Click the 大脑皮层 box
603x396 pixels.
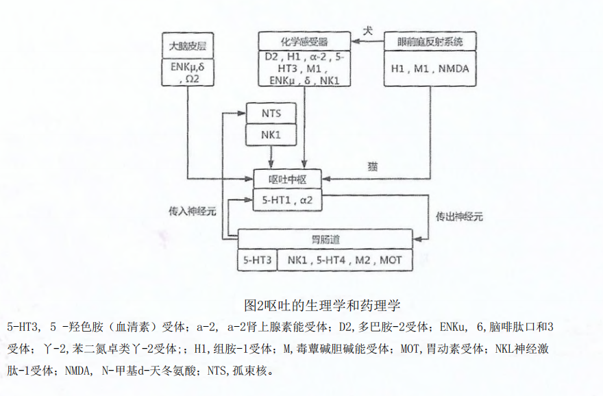pos(188,46)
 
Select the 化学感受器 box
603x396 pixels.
pos(304,41)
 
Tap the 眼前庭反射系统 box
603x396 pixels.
pos(430,41)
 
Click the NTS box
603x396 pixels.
pos(271,113)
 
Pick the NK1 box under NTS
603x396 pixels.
pos(271,134)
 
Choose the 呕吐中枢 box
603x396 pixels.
pos(287,180)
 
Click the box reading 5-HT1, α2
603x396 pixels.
pos(287,200)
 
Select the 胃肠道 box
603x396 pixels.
pos(325,239)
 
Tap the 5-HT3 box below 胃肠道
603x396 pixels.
pos(257,260)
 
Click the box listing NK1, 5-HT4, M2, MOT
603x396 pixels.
pos(345,260)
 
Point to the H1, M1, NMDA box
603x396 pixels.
pos(430,69)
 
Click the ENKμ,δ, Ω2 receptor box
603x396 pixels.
pos(188,72)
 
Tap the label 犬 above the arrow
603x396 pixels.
pos(368,30)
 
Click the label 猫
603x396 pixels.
pos(372,166)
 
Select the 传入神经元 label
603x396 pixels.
pos(193,211)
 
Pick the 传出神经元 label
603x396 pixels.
pos(459,216)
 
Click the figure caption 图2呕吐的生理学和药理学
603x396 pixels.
pos(322,306)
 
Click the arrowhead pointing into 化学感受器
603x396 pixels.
pos(356,41)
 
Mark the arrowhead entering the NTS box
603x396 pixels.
pos(241,113)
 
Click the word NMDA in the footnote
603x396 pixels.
pos(78,371)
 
